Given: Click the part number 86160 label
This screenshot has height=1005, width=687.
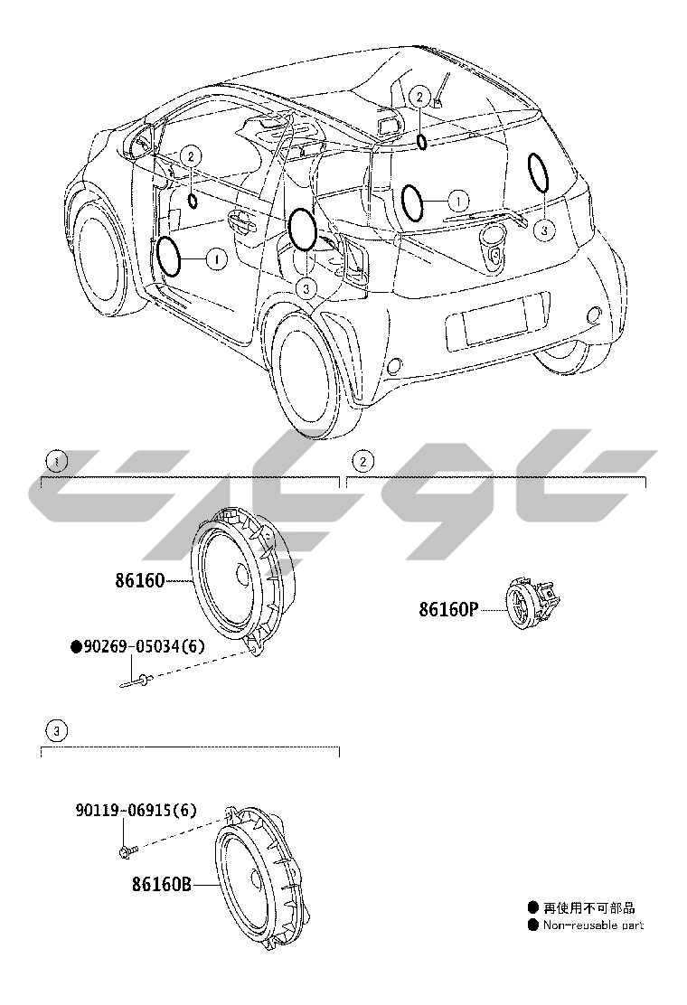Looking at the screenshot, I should tap(139, 580).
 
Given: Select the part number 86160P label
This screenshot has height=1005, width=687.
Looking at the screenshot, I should tap(447, 609).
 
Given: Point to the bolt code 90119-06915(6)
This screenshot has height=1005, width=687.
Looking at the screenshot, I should tap(136, 811).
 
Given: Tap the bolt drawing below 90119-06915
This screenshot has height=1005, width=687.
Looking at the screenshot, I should tap(126, 850).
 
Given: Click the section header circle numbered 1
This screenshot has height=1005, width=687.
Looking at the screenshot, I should tap(56, 461).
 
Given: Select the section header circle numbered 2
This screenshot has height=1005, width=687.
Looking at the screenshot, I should tap(362, 461).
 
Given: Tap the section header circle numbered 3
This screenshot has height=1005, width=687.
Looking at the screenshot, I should tap(56, 729).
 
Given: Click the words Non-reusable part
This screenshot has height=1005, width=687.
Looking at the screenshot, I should tap(592, 925).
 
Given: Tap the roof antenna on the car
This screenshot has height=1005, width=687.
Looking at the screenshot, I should tap(439, 95).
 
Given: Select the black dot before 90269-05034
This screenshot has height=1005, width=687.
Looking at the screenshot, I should tap(76, 647).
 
